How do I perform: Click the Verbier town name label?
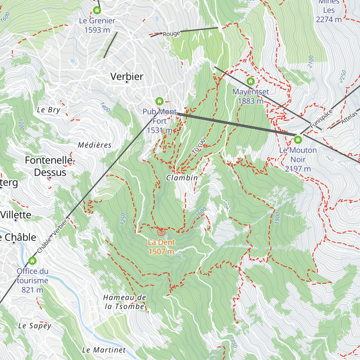click(127, 76)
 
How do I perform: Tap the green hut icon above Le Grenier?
click(97, 10)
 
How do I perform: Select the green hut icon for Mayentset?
click(250, 81)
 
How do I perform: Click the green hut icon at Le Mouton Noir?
click(298, 139)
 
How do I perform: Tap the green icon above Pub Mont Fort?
click(159, 101)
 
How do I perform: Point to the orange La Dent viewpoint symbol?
click(161, 232)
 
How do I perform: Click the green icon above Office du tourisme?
click(32, 261)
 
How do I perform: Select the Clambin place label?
click(182, 178)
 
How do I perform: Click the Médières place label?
click(94, 145)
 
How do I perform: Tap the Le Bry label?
click(49, 110)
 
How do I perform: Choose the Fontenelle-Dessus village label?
click(50, 166)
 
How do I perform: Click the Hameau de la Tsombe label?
click(124, 302)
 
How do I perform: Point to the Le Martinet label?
click(104, 350)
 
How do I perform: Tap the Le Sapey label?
click(35, 326)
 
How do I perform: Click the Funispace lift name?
click(321, 119)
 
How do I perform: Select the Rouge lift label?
click(171, 34)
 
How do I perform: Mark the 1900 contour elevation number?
click(277, 218)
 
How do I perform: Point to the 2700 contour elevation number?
click(310, 61)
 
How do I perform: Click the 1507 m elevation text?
click(161, 251)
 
